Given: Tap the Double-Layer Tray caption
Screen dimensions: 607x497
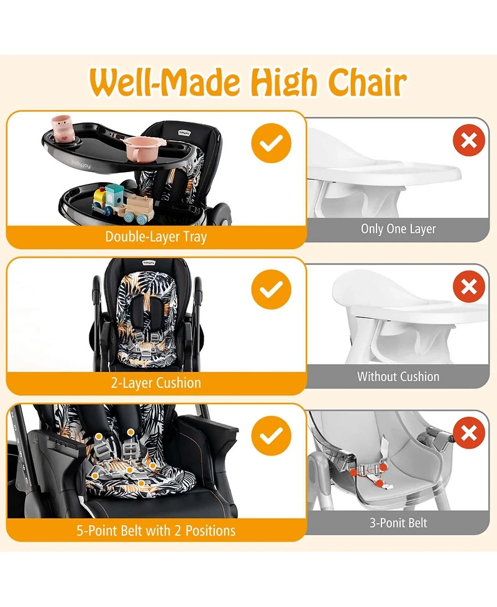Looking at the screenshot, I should (x=156, y=237).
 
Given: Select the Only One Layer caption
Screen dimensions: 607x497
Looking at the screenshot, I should (x=398, y=229).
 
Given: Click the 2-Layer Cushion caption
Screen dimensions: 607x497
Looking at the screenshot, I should (x=156, y=383).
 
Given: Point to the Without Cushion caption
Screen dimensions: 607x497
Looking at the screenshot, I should (x=398, y=377).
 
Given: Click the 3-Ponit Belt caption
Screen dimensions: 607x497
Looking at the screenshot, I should (x=398, y=523).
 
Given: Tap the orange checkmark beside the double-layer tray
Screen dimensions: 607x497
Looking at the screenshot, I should (x=271, y=144).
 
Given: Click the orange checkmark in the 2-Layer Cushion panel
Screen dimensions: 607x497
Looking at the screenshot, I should (x=271, y=290).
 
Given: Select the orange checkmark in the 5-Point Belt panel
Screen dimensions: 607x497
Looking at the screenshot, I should (x=271, y=436).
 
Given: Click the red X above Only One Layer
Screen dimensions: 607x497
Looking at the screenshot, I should (x=469, y=140).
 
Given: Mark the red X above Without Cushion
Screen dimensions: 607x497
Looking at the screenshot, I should (x=469, y=286).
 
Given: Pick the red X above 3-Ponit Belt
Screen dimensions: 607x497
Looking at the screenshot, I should (x=469, y=432).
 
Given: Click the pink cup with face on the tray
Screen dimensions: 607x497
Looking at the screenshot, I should (x=61, y=127).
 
